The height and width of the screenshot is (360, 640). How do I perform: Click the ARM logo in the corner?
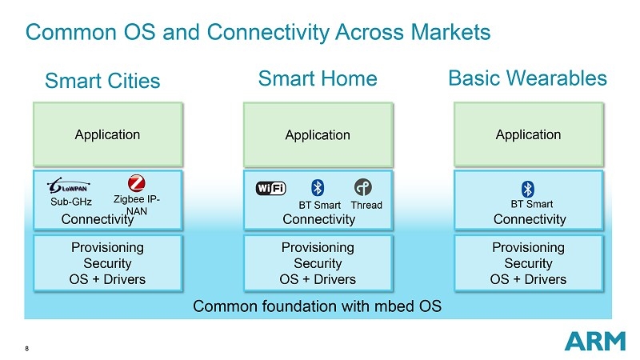[594, 341]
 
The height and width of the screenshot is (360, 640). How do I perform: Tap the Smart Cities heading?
[102, 81]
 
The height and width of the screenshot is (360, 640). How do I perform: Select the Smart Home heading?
[318, 78]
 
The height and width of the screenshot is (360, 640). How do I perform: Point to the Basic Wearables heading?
[527, 78]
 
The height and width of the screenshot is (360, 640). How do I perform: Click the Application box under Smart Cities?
[107, 134]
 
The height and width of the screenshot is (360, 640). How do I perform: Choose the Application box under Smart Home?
[318, 134]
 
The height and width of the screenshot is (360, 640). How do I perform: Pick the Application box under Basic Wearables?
[528, 134]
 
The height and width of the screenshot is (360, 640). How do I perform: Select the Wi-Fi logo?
[270, 188]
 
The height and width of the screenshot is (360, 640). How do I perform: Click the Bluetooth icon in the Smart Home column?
[317, 188]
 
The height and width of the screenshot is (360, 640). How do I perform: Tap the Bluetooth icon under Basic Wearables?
[527, 189]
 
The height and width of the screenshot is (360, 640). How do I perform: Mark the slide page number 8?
[28, 348]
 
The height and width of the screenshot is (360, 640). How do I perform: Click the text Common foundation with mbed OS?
[318, 306]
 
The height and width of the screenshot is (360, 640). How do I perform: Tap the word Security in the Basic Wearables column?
[528, 263]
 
